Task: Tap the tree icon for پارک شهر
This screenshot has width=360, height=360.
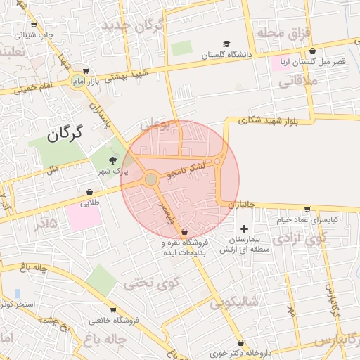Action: (x=112, y=161)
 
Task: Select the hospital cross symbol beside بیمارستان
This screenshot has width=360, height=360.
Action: (x=244, y=229)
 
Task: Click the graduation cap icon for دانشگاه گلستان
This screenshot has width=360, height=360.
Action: (x=226, y=44)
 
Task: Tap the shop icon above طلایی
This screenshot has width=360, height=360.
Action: (x=90, y=192)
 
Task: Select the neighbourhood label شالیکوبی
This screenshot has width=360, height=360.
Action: (x=234, y=303)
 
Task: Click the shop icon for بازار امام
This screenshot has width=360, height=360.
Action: (x=86, y=70)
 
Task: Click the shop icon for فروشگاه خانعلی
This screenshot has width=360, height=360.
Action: (x=113, y=309)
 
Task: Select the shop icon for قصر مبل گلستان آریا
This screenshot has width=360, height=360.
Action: (x=312, y=51)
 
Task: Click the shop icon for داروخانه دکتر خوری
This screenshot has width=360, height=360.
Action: (x=241, y=342)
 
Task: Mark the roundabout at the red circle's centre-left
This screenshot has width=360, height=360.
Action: (x=150, y=179)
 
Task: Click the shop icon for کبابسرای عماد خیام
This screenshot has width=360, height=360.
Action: (x=307, y=209)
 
